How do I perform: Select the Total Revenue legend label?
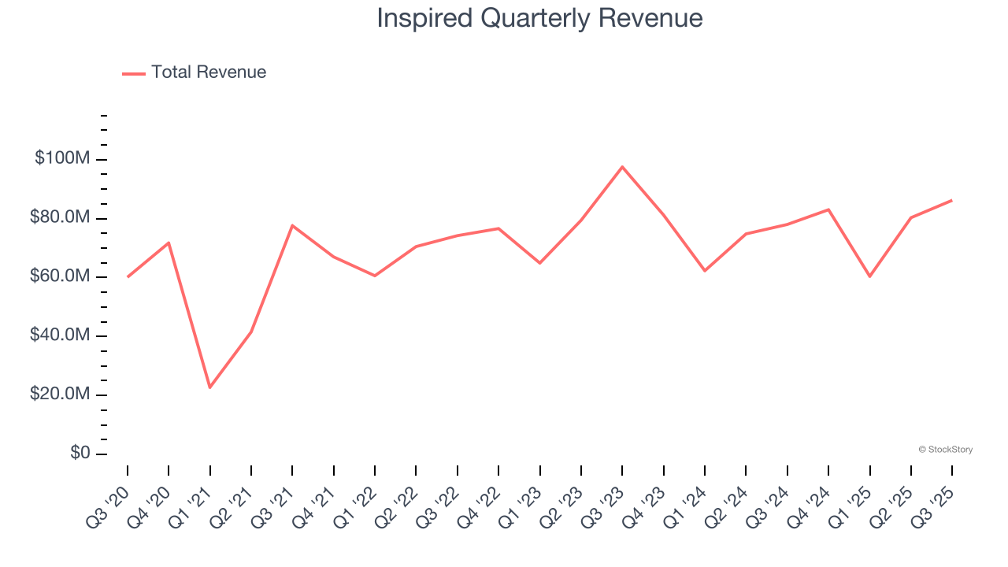pos(209,72)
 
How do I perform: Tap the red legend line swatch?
pos(134,73)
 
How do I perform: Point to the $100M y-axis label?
pos(62,159)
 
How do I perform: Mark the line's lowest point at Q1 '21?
pos(210,387)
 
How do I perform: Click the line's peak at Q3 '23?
pos(622,167)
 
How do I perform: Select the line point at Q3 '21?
pos(292,225)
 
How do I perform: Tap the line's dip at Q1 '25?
pos(869,276)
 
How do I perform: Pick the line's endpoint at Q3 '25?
pos(951,200)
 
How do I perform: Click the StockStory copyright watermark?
pos(945,450)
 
